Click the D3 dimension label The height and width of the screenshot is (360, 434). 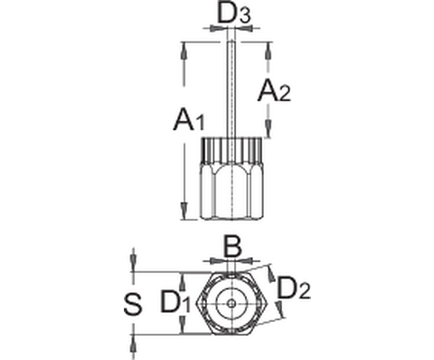point(234,14)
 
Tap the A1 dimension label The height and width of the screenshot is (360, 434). point(189,120)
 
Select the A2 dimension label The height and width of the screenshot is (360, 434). point(274,90)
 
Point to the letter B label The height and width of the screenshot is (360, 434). point(231,246)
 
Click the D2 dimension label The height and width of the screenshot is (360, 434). point(293,289)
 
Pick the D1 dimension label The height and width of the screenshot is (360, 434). point(175,301)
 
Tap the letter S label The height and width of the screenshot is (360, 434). point(133,305)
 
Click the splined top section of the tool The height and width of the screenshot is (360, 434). point(231,151)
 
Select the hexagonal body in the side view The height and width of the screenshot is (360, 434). point(231,193)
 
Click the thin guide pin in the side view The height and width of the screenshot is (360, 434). point(231,90)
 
